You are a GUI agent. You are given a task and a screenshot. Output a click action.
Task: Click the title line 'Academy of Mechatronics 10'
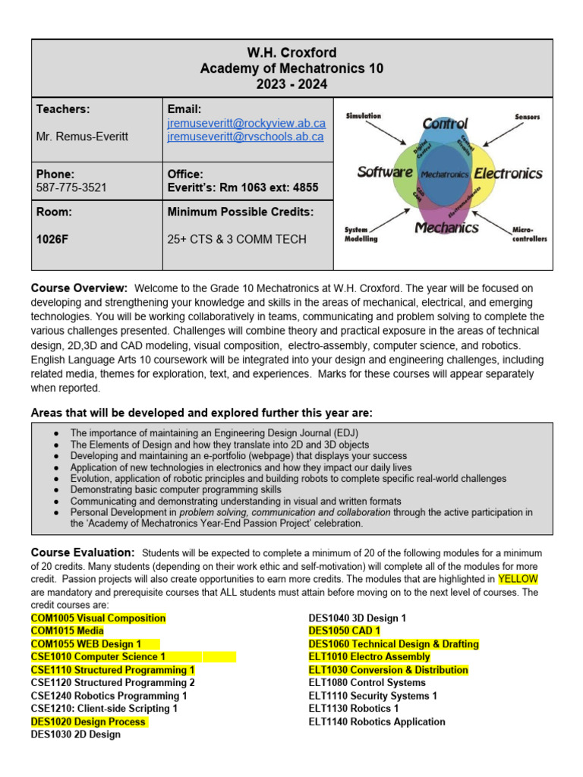[x=291, y=69]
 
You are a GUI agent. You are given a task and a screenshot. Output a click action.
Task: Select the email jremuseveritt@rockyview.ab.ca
[x=246, y=123]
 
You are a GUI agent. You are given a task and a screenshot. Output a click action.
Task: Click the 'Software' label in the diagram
[x=385, y=172]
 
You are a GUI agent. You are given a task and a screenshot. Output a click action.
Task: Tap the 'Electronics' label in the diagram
[x=508, y=173]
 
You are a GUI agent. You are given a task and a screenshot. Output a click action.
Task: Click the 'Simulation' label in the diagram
[x=364, y=116]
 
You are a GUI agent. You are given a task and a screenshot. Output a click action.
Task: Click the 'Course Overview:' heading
[x=79, y=288]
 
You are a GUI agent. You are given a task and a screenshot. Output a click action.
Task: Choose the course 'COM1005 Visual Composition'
[x=98, y=618]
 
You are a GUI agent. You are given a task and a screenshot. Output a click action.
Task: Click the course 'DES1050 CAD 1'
[x=345, y=631]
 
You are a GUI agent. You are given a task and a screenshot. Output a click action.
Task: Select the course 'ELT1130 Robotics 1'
[x=353, y=708]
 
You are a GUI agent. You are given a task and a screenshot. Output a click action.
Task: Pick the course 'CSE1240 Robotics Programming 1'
[x=109, y=695]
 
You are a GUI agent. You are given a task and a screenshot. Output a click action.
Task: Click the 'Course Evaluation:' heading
[x=83, y=552]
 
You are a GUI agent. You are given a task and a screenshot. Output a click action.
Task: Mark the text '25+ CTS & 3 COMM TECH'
[x=237, y=239]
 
